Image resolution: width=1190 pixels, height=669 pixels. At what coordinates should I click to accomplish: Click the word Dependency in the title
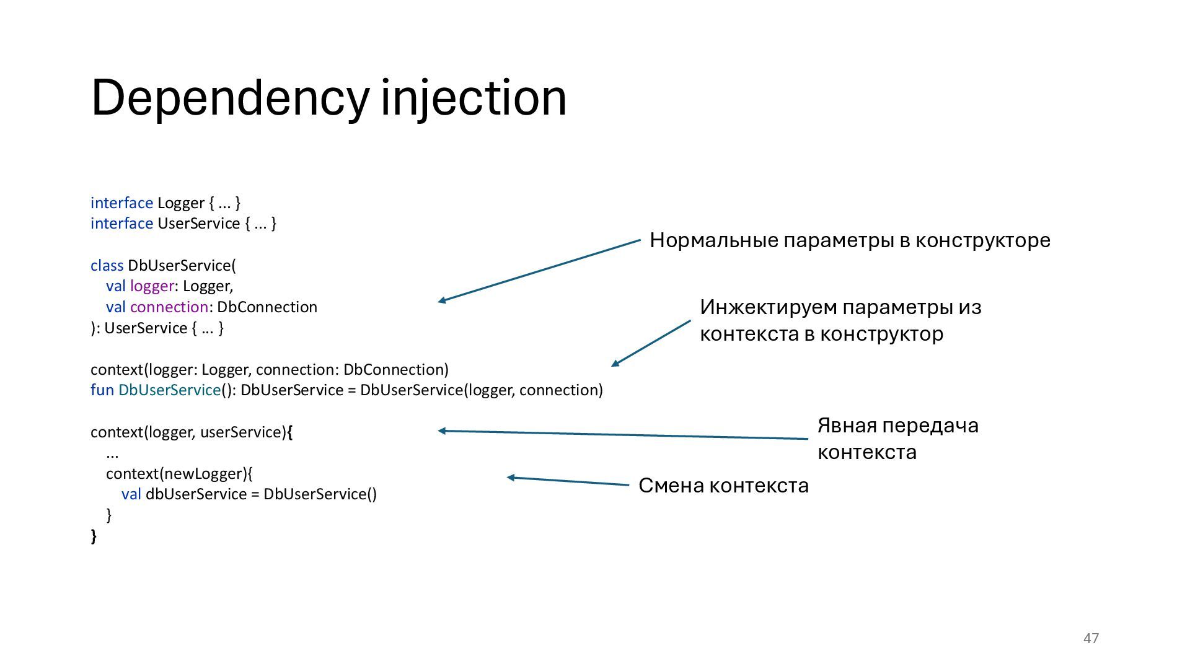pyautogui.click(x=229, y=98)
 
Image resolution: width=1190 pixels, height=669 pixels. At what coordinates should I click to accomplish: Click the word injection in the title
pyautogui.click(x=474, y=98)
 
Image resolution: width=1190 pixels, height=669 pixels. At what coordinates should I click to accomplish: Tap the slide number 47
pyautogui.click(x=1091, y=638)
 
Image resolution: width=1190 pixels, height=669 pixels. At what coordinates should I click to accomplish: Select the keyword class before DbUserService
pyautogui.click(x=107, y=266)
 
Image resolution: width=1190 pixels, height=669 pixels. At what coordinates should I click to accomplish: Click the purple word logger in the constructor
pyautogui.click(x=152, y=286)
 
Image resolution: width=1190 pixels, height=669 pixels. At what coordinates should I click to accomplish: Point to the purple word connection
pyautogui.click(x=169, y=307)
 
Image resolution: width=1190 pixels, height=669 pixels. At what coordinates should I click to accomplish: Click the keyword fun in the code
pyautogui.click(x=102, y=390)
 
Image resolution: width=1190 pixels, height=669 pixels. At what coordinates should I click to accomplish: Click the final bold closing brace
pyautogui.click(x=94, y=536)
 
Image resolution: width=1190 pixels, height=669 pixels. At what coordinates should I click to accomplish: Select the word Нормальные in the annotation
pyautogui.click(x=713, y=240)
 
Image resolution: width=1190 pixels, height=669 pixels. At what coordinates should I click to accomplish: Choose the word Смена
pyautogui.click(x=671, y=486)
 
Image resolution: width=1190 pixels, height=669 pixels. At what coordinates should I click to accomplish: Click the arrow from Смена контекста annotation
pyautogui.click(x=568, y=481)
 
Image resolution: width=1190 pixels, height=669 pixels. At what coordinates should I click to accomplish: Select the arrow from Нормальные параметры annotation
pyautogui.click(x=539, y=271)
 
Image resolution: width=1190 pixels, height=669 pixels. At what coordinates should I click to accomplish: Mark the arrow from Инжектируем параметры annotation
pyautogui.click(x=651, y=343)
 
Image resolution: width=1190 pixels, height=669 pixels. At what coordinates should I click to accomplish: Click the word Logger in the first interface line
pyautogui.click(x=180, y=203)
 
